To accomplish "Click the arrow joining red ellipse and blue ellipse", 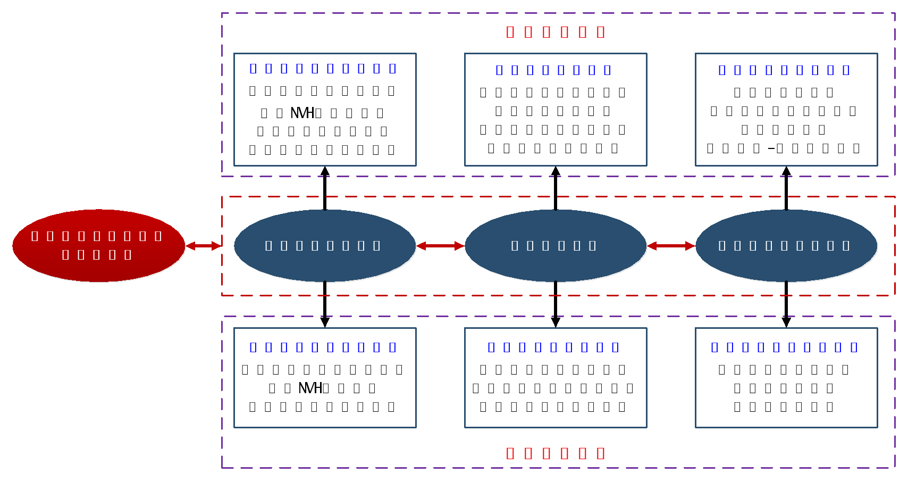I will [204, 246].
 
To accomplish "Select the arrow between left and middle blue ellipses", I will [440, 246].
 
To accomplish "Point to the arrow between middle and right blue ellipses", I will [671, 246].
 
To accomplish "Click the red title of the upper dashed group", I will [556, 32].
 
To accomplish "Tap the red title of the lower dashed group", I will [556, 453].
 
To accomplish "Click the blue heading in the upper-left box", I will [323, 68].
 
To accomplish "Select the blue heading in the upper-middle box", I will [553, 70].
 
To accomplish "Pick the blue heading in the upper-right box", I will [784, 70].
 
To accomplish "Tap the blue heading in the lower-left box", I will [323, 347].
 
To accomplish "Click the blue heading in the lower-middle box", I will [553, 347].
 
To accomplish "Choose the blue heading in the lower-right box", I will [784, 347].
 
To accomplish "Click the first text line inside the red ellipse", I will [96, 236].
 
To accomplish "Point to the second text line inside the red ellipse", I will [96, 255].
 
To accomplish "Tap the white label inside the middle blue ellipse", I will [553, 246].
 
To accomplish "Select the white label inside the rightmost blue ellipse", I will [784, 246].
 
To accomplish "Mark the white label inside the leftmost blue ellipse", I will [323, 246].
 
